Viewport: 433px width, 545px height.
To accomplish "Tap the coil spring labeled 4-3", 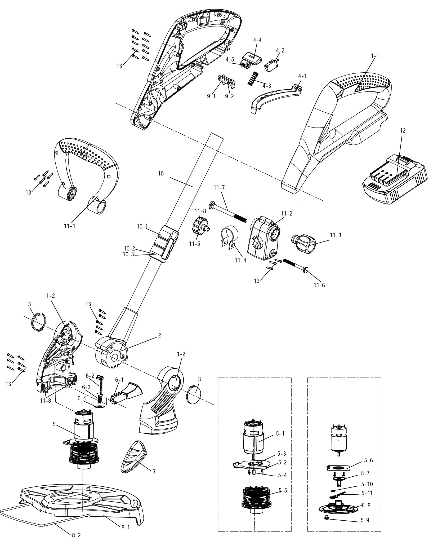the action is [253, 78].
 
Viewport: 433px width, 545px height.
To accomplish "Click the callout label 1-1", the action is [375, 56].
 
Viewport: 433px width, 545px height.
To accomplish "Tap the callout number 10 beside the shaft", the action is [161, 174].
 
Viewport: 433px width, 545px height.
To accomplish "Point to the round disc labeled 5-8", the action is [337, 506].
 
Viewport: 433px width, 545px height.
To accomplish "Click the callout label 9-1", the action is [211, 96].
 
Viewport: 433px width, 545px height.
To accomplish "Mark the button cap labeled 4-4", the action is [252, 57].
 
